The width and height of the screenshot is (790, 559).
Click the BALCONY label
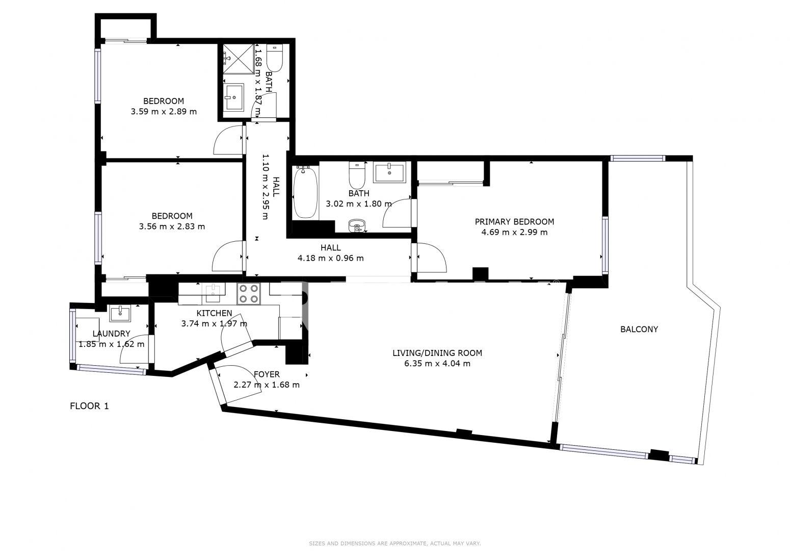639,329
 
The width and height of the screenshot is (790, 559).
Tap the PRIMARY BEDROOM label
514,222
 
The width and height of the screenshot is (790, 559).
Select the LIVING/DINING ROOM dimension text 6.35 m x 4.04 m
437,364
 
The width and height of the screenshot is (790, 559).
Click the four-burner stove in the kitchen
248,294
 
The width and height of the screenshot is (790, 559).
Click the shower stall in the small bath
239,59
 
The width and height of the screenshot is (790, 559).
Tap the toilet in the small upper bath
274,58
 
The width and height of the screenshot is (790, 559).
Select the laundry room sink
120,314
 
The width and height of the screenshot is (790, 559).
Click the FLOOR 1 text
90,406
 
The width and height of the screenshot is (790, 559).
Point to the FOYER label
267,374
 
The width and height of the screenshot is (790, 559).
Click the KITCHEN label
214,313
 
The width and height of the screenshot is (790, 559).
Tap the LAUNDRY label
111,334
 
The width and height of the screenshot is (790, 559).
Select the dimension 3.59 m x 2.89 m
164,112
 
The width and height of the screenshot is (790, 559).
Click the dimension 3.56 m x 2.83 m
172,226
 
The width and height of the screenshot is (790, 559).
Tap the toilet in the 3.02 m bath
357,175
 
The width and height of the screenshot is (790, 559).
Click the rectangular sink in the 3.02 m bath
389,172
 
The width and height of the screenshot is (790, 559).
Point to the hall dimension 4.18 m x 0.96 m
330,258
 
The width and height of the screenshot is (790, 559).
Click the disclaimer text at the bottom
395,544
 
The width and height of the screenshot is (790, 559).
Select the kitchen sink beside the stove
214,293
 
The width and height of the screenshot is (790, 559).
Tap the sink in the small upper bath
233,96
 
